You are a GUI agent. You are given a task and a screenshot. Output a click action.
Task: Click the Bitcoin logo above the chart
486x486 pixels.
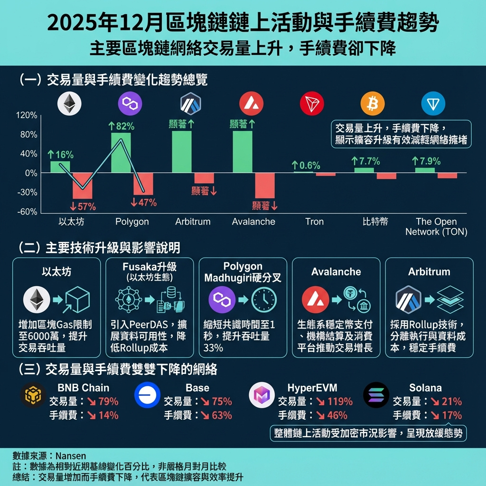click(373, 104)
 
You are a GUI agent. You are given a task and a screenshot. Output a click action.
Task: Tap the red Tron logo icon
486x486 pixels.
click(312, 104)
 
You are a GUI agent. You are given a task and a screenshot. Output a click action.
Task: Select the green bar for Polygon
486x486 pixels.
click(121, 152)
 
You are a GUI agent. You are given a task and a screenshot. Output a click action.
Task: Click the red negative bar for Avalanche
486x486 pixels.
click(264, 185)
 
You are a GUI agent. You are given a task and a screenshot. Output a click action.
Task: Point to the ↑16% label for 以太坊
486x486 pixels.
click(60, 154)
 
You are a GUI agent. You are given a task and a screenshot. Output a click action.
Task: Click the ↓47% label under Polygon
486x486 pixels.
click(143, 203)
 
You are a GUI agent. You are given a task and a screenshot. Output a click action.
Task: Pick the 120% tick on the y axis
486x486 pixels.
click(27, 115)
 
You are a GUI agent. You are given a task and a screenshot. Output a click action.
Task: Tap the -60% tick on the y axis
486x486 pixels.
click(27, 212)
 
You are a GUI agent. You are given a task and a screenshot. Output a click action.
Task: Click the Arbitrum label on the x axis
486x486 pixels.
click(193, 222)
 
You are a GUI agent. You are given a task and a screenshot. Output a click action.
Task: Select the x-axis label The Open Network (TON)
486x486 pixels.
click(436, 227)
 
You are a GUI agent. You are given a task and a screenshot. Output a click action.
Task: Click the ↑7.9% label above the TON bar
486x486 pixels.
click(426, 161)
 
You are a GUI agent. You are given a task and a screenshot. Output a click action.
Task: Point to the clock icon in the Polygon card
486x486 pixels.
click(264, 300)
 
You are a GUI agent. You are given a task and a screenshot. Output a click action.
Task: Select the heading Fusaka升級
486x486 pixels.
click(149, 267)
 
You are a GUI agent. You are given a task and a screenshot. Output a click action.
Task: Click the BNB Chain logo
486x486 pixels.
click(34, 395)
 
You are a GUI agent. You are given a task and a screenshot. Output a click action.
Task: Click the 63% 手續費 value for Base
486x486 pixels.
click(223, 415)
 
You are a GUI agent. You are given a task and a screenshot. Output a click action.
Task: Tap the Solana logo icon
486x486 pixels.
click(376, 395)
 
